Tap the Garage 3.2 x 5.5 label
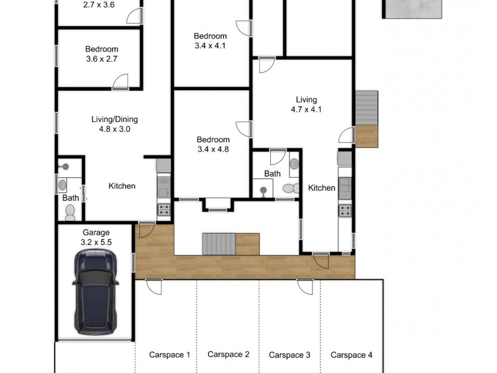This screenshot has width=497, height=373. coord(95,237)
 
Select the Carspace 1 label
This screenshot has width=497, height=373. coord(169,355)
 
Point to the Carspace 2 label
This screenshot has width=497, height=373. coord(228,354)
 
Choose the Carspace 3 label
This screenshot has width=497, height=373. coord(290,355)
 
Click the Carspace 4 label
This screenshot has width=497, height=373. coord(351,355)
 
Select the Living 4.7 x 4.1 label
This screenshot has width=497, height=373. coord(306,104)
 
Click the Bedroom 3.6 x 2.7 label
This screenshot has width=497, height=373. coord(101,54)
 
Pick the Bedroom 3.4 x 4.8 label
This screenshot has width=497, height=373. coord(213,144)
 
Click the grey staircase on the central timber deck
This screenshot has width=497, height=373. coord(219,243)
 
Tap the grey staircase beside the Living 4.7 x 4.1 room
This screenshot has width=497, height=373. coord(367,108)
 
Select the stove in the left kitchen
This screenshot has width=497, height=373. coord(164,210)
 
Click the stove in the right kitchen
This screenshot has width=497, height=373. coord(345,210)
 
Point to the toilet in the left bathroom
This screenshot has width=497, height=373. coord(70,213)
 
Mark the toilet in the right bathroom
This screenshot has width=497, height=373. coord(290,188)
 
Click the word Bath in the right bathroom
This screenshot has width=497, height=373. coord(272,174)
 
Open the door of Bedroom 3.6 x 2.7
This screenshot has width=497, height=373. coord(119,82)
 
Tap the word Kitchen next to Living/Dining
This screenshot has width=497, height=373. coord(122,186)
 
